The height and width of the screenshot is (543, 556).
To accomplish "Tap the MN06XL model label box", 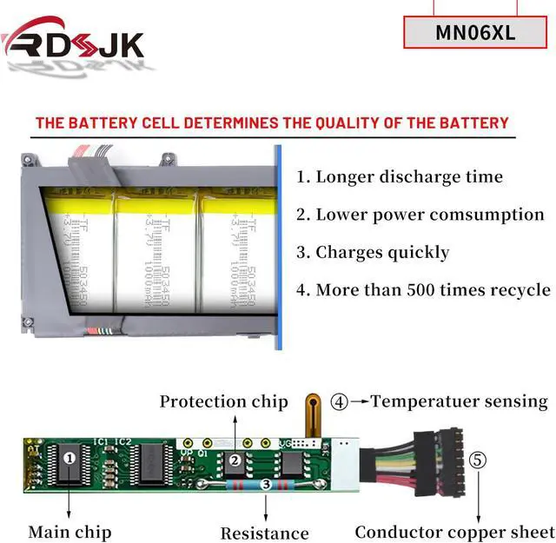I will click(x=475, y=33).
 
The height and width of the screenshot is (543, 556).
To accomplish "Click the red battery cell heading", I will click(x=272, y=123).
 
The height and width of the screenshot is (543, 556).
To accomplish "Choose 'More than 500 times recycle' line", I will click(x=423, y=290).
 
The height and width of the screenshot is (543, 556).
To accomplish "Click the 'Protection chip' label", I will click(x=223, y=401).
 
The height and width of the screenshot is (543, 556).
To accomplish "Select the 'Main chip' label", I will click(x=69, y=531).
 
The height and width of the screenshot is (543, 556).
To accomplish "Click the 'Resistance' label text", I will click(x=264, y=533).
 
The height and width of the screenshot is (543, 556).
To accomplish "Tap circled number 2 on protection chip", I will click(x=235, y=461).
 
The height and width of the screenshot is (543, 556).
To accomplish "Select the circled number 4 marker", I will click(x=340, y=402).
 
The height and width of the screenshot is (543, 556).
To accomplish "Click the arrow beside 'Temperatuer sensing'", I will click(x=359, y=402).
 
